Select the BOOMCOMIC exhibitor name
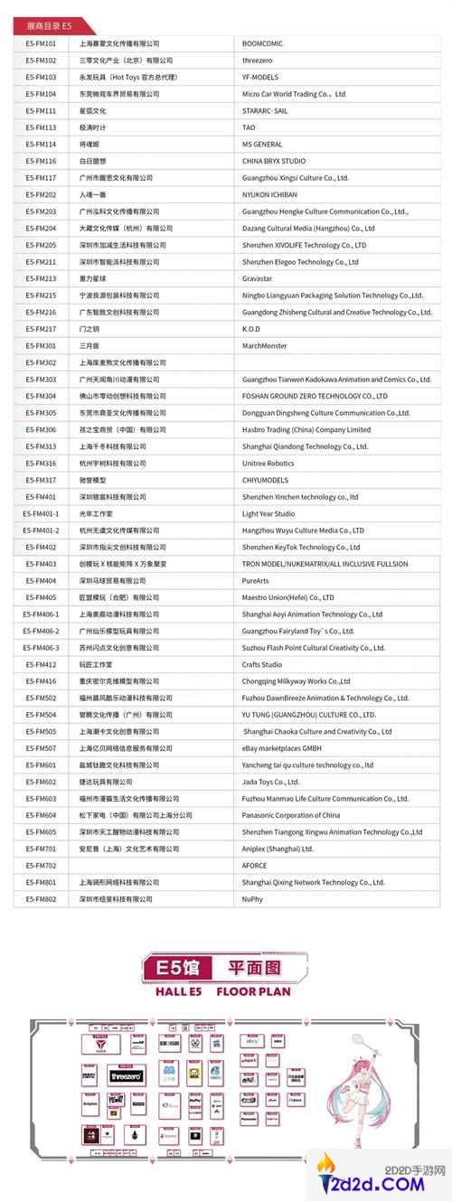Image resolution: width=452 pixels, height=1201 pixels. (262, 42)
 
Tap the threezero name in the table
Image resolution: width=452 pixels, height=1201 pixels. (259, 60)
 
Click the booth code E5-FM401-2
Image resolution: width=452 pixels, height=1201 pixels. (42, 530)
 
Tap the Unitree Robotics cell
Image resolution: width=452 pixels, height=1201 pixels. (268, 463)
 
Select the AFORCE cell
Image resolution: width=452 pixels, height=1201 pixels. (255, 865)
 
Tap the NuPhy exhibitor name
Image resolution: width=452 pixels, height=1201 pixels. (254, 898)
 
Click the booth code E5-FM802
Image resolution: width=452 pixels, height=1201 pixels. (41, 898)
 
